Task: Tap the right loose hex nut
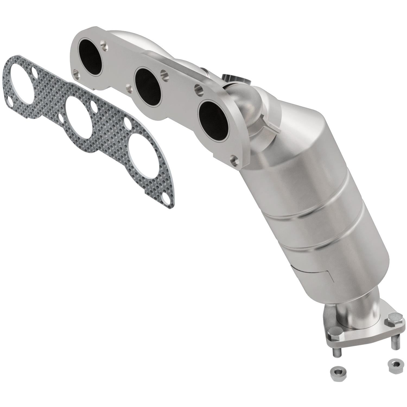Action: pos(394,363)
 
